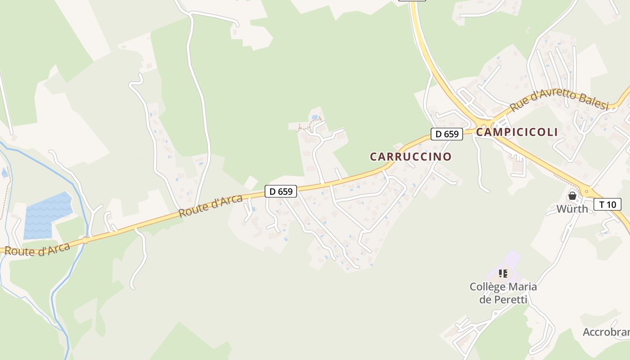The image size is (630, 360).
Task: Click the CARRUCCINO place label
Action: tap(410, 157)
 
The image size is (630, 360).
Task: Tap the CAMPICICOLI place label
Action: tap(517, 132)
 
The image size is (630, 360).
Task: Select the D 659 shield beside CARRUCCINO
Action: tap(447, 134)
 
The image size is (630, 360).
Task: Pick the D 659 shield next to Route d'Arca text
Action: tap(281, 191)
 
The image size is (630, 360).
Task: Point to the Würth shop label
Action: tap(572, 209)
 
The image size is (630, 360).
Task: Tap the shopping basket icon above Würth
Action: tap(572, 196)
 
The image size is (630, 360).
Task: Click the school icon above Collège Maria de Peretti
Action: tap(503, 273)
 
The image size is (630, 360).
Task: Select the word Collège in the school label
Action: tap(487, 287)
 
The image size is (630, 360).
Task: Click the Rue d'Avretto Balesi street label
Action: tap(559, 100)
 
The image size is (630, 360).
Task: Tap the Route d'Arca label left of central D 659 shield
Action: tap(211, 206)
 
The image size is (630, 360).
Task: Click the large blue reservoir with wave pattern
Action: tap(47, 215)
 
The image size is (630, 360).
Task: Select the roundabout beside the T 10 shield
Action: tap(586, 192)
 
